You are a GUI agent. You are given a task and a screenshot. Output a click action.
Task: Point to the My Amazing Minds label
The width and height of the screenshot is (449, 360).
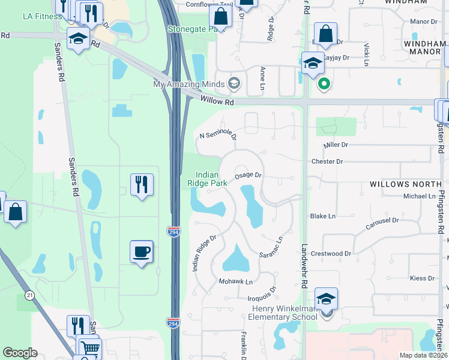(188, 83)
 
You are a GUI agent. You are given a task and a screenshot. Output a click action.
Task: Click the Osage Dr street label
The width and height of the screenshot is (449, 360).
(248, 175)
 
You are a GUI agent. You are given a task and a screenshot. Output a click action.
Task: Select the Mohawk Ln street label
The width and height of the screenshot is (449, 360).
(235, 281)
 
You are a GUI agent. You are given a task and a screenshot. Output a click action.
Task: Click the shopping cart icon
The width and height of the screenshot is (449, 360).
(90, 349)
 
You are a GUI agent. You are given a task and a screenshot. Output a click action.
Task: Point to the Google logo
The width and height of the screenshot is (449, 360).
(20, 353)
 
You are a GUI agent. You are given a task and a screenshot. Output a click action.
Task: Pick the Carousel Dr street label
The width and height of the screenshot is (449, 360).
(382, 224)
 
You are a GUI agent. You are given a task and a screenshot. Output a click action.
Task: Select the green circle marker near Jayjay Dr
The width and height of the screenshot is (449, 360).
(324, 84)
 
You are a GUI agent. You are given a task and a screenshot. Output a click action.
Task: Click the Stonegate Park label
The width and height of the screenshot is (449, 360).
(193, 28)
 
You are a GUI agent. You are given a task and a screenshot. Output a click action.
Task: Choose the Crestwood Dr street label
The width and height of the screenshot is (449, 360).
(331, 254)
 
